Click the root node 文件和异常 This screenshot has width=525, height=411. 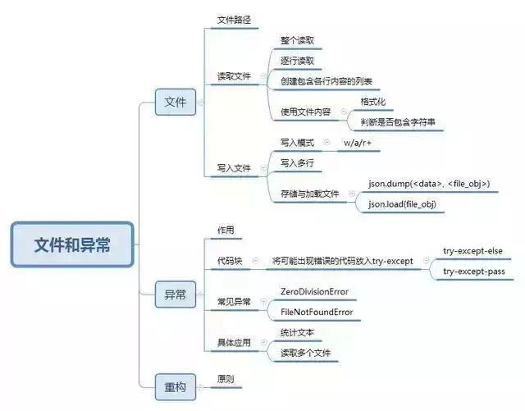click(72, 244)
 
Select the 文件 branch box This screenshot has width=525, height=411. click(175, 103)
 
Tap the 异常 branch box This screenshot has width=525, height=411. click(175, 294)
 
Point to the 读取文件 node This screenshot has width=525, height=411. click(234, 76)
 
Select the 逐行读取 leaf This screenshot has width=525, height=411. click(297, 60)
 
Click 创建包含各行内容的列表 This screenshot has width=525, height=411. click(326, 81)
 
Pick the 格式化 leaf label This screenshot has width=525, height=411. click(374, 102)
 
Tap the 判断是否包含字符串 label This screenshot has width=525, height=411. click(398, 122)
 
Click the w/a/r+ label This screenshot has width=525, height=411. click(363, 143)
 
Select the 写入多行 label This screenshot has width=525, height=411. click(298, 162)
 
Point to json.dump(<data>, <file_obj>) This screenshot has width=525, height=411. click(429, 183)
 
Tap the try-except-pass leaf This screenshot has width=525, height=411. click(474, 271)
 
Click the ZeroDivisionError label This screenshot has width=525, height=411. click(314, 291)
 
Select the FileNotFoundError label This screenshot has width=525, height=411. click(317, 312)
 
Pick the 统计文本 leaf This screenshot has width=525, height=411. click(297, 333)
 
